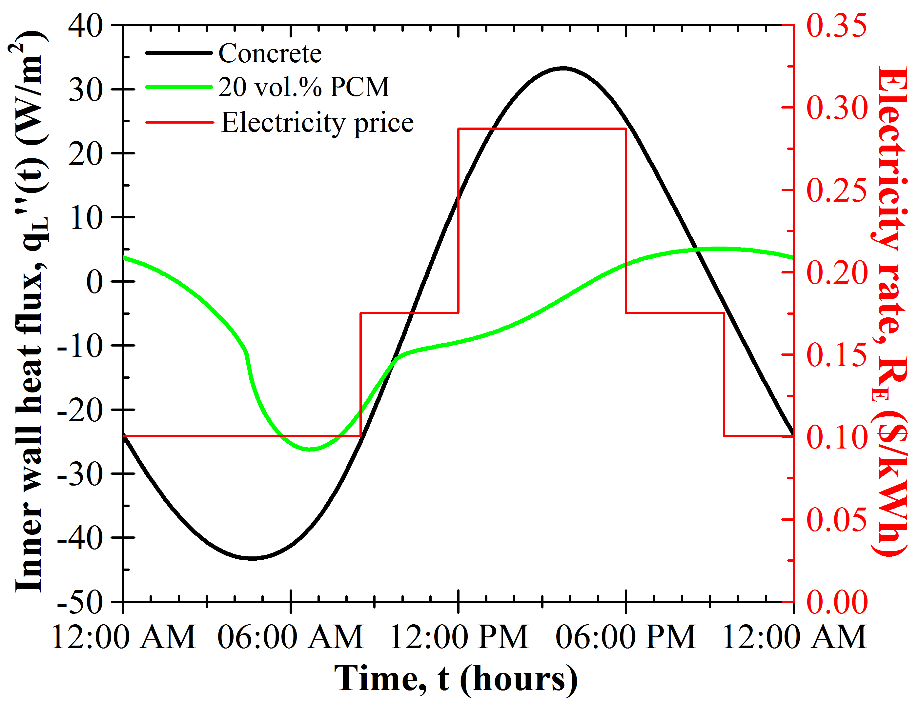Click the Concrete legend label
tap(270, 53)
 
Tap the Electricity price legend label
tap(317, 123)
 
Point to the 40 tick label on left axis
tap(86, 26)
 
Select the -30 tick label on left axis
tap(80, 474)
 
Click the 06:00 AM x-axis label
tap(291, 637)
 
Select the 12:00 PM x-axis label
tap(459, 637)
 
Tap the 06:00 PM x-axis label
tap(626, 637)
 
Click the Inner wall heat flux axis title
tap(30, 311)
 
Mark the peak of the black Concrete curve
tap(563, 68)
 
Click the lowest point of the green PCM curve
tap(311, 450)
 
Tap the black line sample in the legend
tap(179, 53)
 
